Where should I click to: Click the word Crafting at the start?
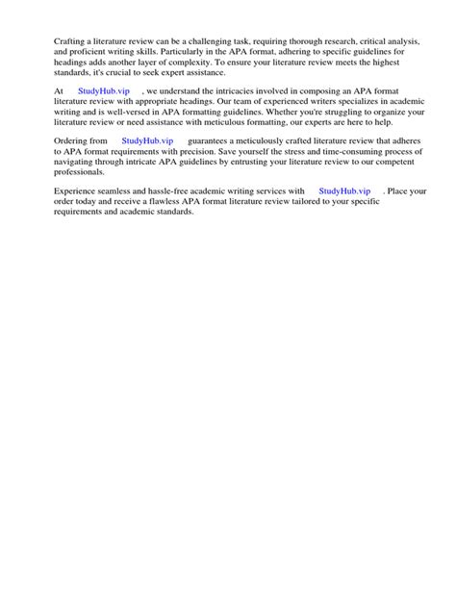tap(70, 42)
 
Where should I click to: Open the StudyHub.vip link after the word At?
tap(104, 89)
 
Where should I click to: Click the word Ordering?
tap(73, 140)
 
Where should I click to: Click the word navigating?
tap(78, 162)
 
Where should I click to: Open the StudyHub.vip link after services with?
tap(344, 192)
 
